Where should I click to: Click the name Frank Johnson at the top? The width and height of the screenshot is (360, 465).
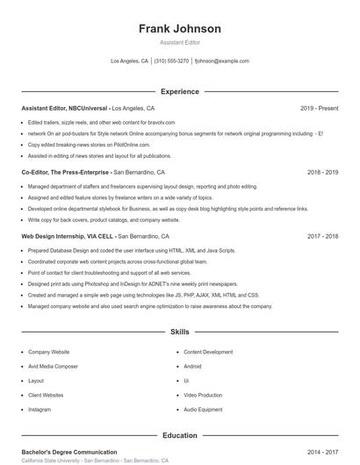coord(179,28)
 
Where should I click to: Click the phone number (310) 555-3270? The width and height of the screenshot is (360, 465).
coord(171,61)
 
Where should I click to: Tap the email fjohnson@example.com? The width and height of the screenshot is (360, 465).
coord(222,61)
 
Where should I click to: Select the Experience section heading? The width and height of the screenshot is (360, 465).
coord(179,91)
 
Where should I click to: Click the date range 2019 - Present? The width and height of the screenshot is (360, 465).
coord(319,108)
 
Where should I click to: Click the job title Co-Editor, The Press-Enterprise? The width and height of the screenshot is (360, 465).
coord(66,173)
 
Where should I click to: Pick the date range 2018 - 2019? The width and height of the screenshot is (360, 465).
coord(322,173)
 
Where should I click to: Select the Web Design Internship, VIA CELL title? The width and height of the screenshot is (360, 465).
coord(68,237)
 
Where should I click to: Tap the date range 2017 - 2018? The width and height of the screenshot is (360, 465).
coord(322,237)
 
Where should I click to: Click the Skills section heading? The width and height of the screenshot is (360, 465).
coord(179,333)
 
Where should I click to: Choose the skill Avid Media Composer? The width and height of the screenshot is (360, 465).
coord(53,366)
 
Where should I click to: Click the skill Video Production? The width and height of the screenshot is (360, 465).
coord(203,395)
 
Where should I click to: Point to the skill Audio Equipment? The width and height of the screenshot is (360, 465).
coord(203,410)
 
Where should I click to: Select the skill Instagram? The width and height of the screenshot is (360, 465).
coord(40,410)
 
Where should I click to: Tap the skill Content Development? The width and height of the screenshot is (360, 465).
coord(208,352)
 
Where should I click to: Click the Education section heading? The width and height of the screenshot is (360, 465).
coord(179,435)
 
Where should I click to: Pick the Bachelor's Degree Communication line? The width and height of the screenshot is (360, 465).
coord(68,452)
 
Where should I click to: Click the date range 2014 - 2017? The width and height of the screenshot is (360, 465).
coord(322,452)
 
